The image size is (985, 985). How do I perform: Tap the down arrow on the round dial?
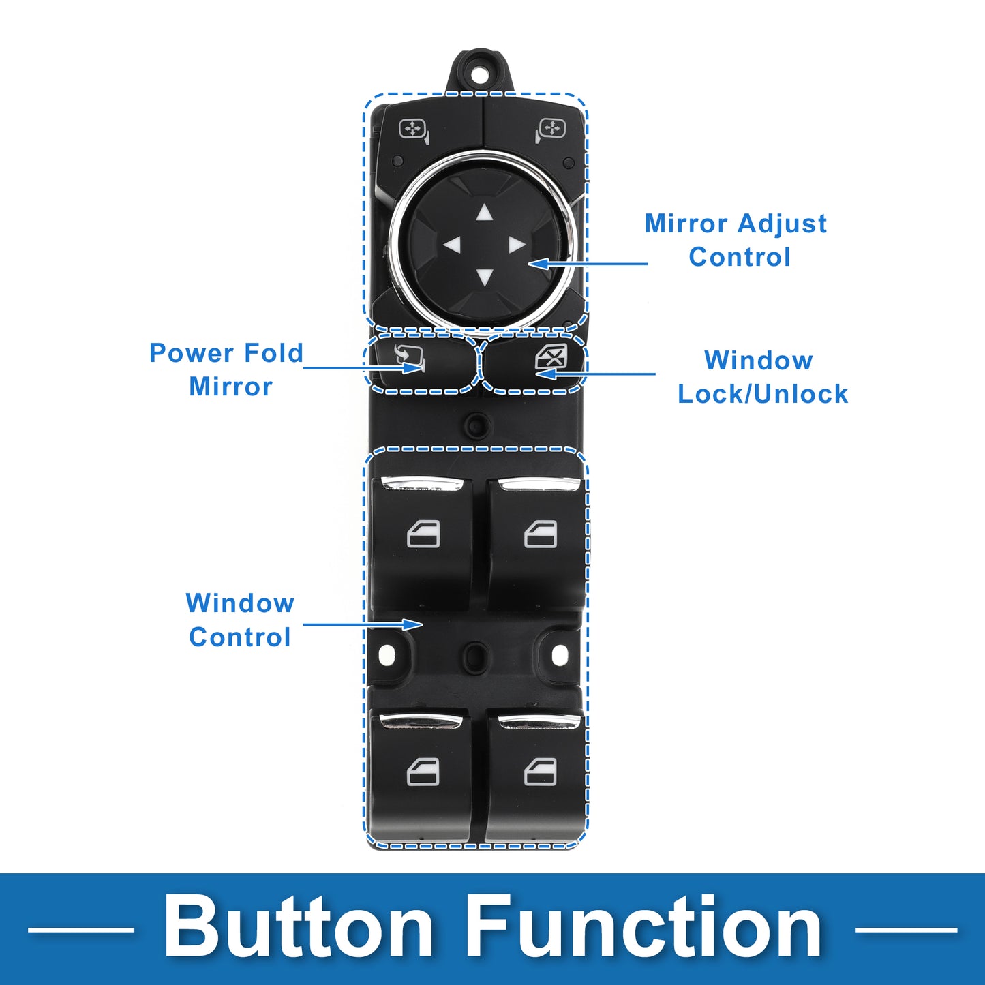click(483, 277)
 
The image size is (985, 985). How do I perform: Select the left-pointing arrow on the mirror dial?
click(452, 245)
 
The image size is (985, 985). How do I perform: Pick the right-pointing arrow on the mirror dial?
click(517, 245)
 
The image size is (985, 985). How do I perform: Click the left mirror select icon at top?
click(414, 130)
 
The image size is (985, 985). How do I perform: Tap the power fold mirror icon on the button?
click(409, 359)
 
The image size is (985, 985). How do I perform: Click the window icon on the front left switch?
click(423, 534)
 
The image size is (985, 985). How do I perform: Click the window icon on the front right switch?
click(541, 534)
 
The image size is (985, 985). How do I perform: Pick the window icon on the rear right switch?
click(541, 772)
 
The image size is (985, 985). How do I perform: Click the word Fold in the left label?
click(273, 353)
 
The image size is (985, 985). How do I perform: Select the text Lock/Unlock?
click(763, 394)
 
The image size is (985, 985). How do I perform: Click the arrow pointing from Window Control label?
click(363, 624)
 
